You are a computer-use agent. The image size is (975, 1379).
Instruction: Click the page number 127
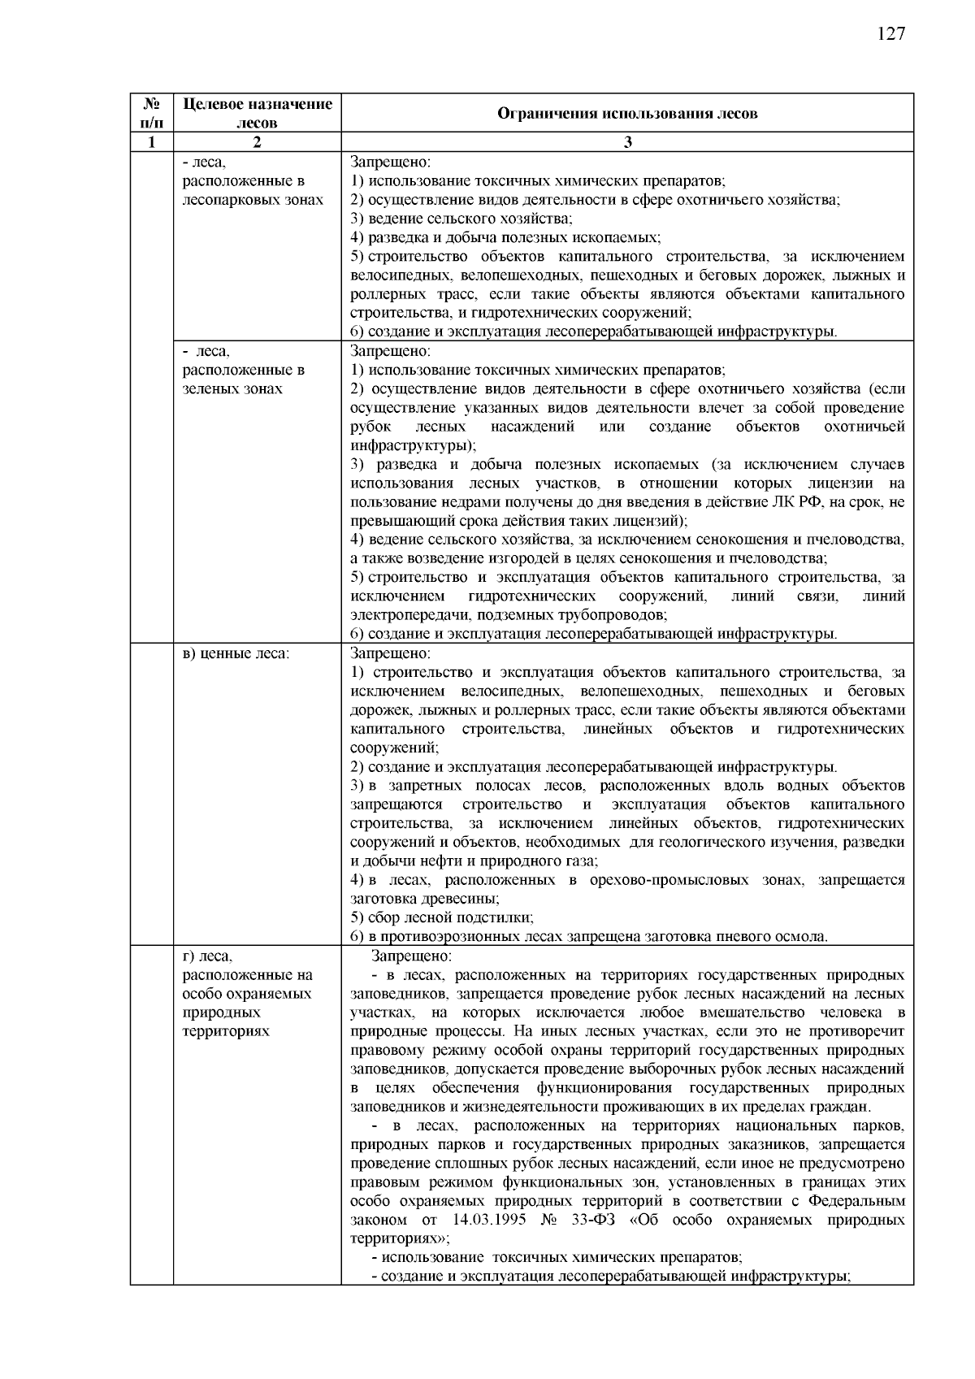click(890, 33)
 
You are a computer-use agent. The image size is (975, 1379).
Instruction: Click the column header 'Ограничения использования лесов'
click(626, 114)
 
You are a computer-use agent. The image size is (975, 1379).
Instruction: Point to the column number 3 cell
click(627, 142)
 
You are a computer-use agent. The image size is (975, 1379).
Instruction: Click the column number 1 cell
click(151, 142)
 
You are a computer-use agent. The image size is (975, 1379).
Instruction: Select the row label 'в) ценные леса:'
click(236, 653)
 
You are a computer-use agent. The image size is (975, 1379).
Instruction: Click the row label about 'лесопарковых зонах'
click(252, 181)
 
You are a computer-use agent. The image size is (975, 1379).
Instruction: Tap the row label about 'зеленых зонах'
click(243, 370)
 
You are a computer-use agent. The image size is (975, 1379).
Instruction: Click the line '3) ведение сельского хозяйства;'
click(461, 219)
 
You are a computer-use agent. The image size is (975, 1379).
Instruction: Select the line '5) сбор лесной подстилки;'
click(442, 917)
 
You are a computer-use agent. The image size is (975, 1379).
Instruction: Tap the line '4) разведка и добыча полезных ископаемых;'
click(505, 237)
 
